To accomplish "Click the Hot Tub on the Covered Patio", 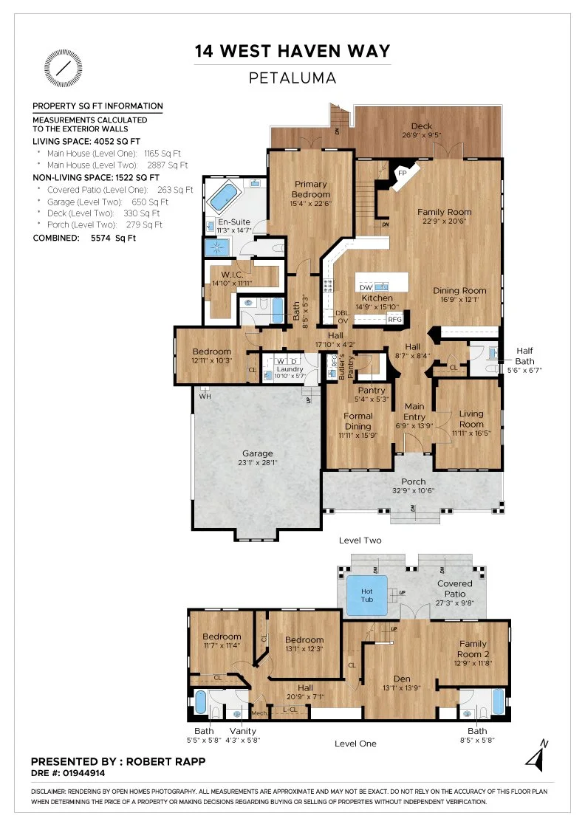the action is (366, 595).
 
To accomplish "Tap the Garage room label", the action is (258, 453).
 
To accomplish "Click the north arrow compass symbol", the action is (537, 756).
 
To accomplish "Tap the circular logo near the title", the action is (64, 69).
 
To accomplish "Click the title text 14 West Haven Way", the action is (292, 51).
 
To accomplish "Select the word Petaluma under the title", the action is (292, 78).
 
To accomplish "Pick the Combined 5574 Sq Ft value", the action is (113, 238).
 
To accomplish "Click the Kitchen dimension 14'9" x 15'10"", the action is (377, 307).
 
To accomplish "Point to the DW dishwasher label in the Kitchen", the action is (366, 287).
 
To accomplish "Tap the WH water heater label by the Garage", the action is (205, 396).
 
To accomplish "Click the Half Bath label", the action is (524, 355).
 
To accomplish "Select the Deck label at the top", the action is (422, 126).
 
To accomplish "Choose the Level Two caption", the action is (360, 540).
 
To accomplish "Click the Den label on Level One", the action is (401, 679).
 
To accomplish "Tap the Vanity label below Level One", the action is (243, 731).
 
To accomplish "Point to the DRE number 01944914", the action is (84, 773).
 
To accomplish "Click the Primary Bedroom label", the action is (311, 189).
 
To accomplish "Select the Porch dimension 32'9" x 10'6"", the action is (413, 491).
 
